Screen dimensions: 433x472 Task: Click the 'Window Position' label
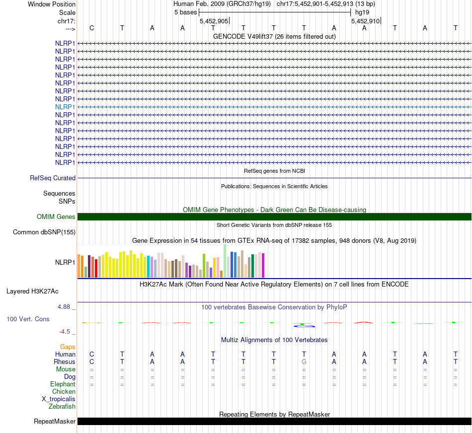(x=52, y=4)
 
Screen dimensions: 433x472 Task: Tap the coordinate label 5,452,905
(x=214, y=21)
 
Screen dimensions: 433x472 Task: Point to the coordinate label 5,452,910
(x=366, y=21)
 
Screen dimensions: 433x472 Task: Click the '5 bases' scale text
(x=185, y=12)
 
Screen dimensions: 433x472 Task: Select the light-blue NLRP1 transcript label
(x=65, y=107)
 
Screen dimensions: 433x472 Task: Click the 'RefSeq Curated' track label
(x=53, y=178)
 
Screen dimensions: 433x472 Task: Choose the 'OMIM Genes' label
(x=56, y=216)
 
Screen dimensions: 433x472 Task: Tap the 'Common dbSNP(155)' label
(x=44, y=232)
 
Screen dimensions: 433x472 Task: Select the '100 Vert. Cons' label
(x=28, y=319)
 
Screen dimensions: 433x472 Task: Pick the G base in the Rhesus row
(x=304, y=361)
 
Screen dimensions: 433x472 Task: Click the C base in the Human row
(x=91, y=354)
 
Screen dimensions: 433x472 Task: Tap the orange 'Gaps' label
(x=68, y=347)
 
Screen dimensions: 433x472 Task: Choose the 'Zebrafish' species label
(x=62, y=406)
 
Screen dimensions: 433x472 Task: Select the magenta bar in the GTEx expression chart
(x=263, y=265)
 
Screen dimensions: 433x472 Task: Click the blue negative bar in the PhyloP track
(x=304, y=326)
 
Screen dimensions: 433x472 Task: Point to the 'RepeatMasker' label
(x=55, y=422)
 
